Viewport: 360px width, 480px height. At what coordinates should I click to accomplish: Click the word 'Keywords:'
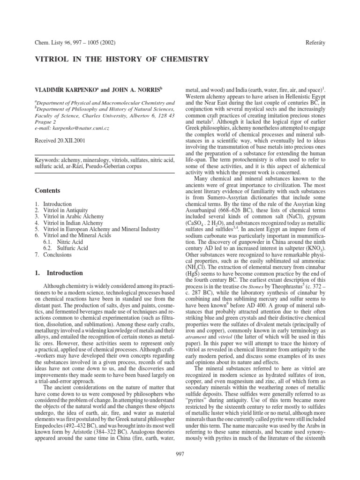(48, 160)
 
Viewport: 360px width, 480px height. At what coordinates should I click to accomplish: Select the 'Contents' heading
(49, 191)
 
